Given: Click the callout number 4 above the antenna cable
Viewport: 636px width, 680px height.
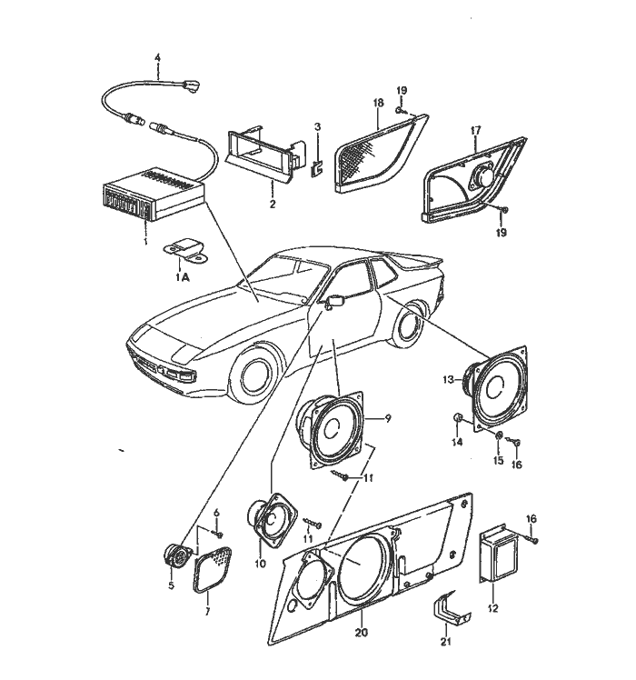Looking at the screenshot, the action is [x=157, y=57].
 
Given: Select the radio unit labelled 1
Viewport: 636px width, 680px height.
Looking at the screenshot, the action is [x=153, y=193].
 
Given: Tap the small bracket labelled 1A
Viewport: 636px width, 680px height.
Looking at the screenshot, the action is [x=184, y=252].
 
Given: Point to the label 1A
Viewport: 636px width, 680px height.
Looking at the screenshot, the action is [x=183, y=277].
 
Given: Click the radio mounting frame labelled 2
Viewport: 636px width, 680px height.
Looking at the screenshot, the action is [x=266, y=155].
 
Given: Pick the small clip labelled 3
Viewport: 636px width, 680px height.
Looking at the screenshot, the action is [x=317, y=169].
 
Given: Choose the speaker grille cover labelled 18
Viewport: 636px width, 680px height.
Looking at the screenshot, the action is [x=381, y=153].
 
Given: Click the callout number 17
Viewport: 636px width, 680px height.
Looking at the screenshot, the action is [x=475, y=130].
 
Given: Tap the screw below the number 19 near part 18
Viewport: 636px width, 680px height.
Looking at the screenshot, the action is [x=399, y=112].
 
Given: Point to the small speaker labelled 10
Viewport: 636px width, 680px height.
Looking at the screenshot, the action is [x=273, y=519].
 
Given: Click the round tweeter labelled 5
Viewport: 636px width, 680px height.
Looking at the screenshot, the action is [x=178, y=556].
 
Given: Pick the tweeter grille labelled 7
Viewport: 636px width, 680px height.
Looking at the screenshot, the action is [x=213, y=569].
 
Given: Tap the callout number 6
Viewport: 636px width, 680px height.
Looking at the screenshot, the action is [x=217, y=513].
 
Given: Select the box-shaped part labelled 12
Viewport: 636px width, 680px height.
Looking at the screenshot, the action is [x=499, y=554].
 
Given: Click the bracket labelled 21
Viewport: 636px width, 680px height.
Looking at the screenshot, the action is [x=451, y=607].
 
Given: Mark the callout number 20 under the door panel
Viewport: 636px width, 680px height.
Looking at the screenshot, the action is [x=361, y=633].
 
